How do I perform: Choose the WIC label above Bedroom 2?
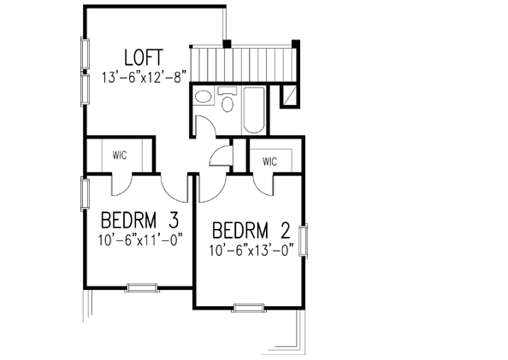tap(270, 161)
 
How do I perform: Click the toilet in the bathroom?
tap(227, 103)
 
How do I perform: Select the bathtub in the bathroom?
tap(254, 109)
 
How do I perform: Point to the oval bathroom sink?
tap(204, 97)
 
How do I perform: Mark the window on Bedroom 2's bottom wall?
tap(248, 306)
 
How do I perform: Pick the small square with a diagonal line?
tap(289, 94)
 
